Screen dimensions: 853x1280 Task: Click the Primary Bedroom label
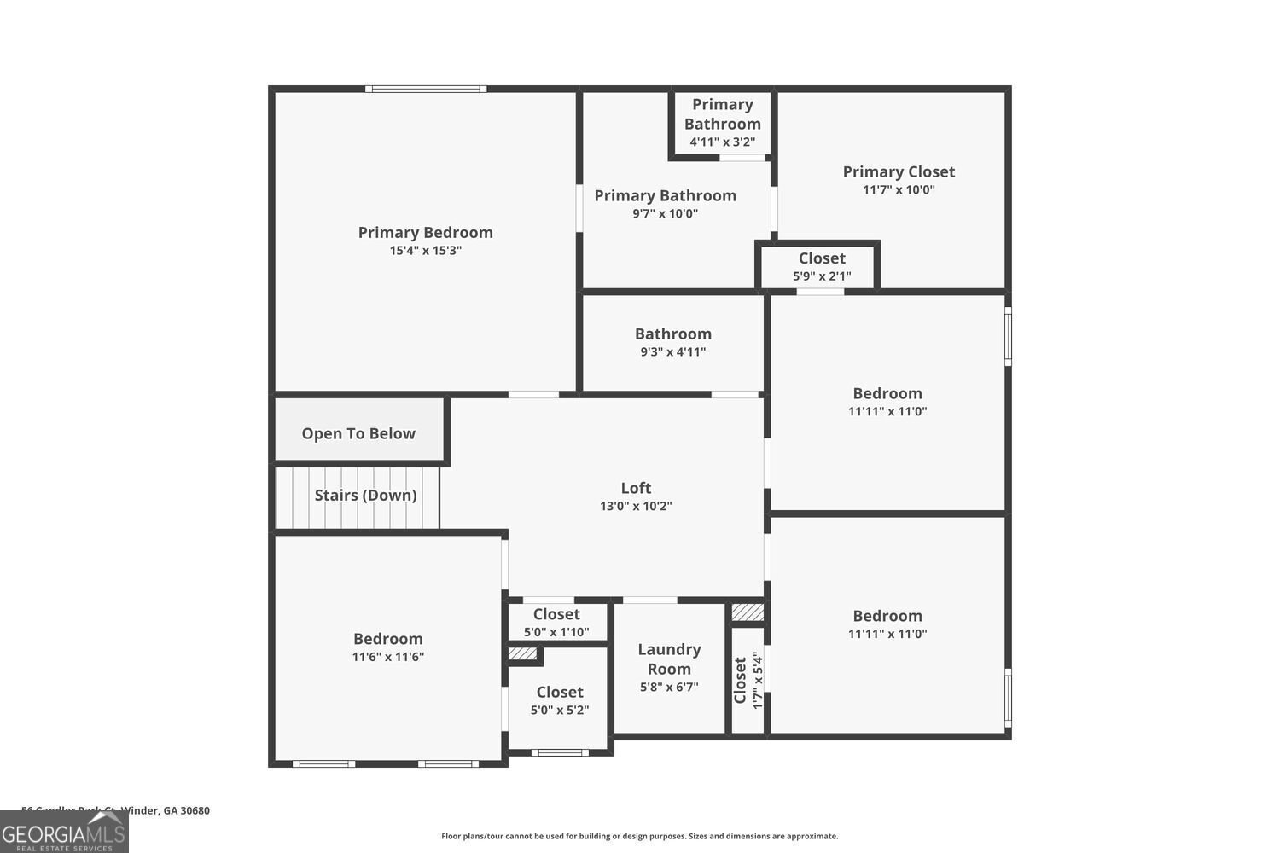coord(425,232)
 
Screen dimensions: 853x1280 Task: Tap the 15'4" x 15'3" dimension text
coord(425,251)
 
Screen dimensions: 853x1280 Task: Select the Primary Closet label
coord(899,171)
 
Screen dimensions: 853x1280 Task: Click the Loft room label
coord(636,488)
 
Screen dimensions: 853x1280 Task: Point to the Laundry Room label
coord(669,659)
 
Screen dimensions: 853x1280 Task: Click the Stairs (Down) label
coord(365,495)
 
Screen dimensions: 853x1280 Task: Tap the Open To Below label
coord(358,433)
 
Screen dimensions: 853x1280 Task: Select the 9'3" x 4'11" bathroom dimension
coord(672,351)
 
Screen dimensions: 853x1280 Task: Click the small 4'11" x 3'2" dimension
coord(722,142)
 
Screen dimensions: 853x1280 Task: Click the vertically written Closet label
coord(740,680)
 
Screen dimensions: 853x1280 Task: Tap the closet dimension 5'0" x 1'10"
coord(556,632)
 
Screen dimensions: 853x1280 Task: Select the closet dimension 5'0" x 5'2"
coord(560,710)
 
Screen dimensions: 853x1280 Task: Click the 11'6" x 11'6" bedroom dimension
coord(388,657)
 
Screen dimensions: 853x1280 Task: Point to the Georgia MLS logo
coord(64,832)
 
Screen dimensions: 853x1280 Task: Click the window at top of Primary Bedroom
coord(426,89)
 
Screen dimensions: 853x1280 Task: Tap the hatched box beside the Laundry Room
coord(748,612)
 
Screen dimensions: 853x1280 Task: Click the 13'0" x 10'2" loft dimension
coord(636,506)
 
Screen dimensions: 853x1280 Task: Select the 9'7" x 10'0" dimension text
coord(665,214)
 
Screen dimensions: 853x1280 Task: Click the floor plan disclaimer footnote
coord(639,836)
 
